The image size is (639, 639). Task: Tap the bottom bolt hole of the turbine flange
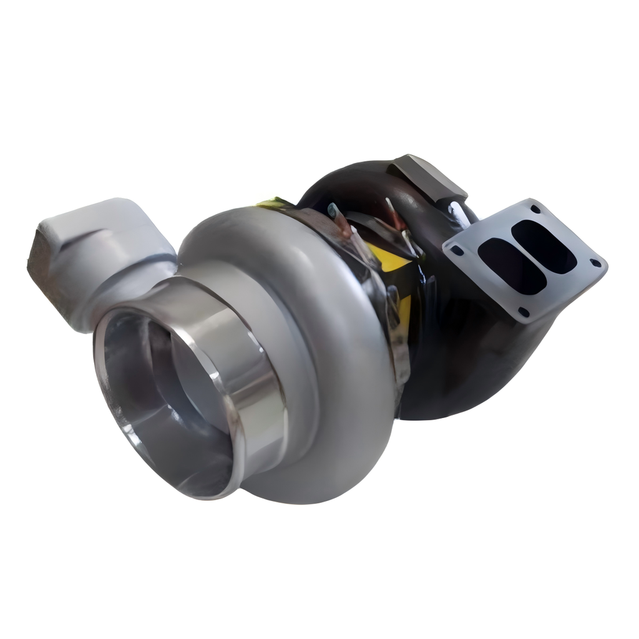(x=523, y=311)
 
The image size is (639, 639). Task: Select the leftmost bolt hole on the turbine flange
(x=457, y=250)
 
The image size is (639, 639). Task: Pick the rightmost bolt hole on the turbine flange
(x=596, y=263)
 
